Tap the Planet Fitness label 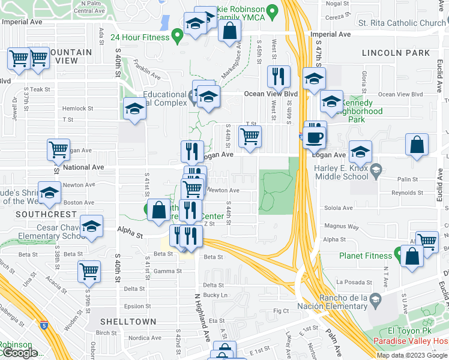365,256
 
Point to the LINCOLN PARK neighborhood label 396,53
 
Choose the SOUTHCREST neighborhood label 38,214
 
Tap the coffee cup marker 315,137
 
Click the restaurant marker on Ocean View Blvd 279,76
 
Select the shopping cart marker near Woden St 89,271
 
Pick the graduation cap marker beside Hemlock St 135,109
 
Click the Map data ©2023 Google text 412,355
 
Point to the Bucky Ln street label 215,295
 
